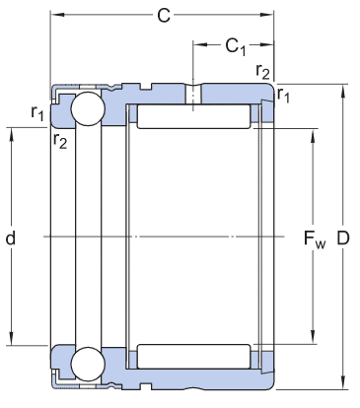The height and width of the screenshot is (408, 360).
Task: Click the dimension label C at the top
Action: tap(164, 16)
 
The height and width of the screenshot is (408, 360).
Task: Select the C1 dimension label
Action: tap(236, 46)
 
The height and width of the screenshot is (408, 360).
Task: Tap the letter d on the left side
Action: tap(11, 238)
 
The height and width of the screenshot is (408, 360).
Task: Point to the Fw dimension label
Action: tap(315, 239)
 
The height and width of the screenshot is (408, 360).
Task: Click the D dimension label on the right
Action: tap(343, 238)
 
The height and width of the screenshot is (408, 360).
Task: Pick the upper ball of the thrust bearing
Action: tap(88, 109)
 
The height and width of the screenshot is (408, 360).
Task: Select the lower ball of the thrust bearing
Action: tap(88, 364)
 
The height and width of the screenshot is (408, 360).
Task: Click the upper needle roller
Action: tap(193, 116)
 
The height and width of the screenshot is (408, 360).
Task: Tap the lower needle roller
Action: tap(193, 357)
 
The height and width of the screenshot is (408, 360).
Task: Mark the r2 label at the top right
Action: tap(262, 71)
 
